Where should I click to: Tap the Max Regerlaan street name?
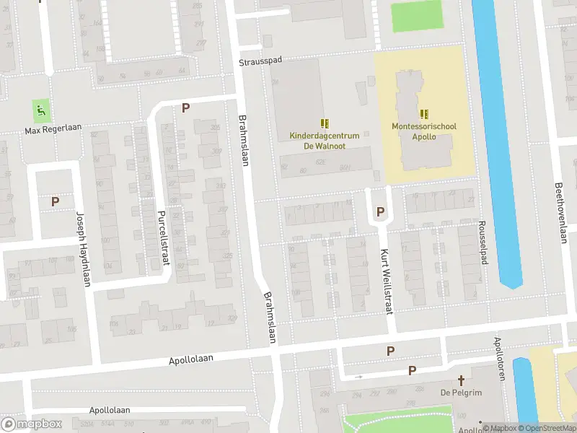53,129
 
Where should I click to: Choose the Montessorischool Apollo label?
424,131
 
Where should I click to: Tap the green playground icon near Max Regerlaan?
41,111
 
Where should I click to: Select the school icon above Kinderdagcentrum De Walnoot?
325,123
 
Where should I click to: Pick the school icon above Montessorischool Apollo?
424,113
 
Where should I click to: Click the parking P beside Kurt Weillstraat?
380,211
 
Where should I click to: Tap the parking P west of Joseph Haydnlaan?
55,201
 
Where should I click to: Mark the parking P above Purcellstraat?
185,108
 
